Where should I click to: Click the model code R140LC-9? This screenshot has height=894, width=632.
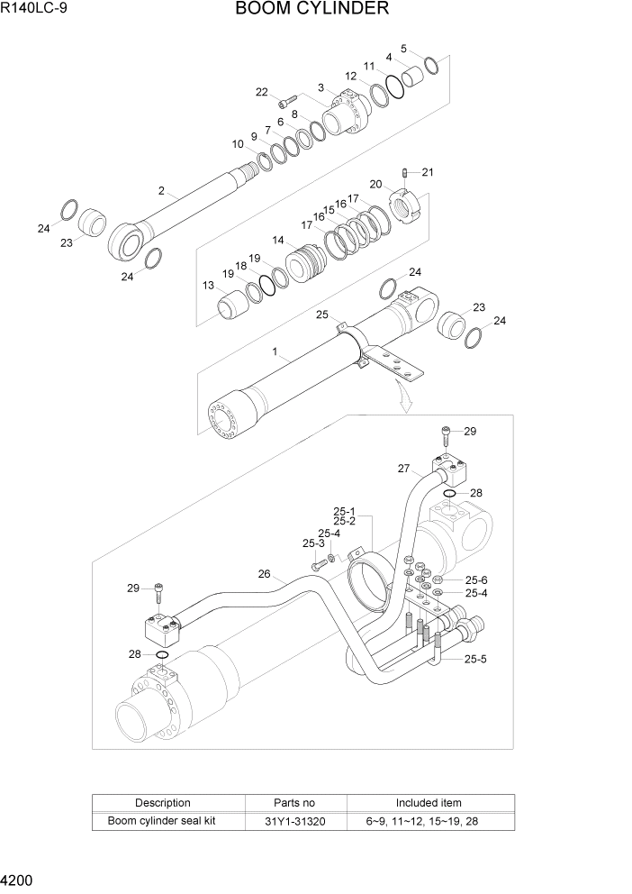pyautogui.click(x=35, y=10)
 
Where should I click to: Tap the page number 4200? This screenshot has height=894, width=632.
pyautogui.click(x=19, y=880)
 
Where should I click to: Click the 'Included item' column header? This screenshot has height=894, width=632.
pyautogui.click(x=429, y=802)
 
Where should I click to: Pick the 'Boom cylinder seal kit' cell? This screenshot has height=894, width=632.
pyautogui.click(x=162, y=821)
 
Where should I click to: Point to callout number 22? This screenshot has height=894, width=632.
pyautogui.click(x=261, y=92)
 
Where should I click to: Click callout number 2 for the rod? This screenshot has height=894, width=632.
pyautogui.click(x=161, y=190)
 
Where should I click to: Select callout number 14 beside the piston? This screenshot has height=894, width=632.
pyautogui.click(x=278, y=241)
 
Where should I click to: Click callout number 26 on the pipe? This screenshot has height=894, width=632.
pyautogui.click(x=264, y=573)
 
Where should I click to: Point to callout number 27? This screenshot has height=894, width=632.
pyautogui.click(x=403, y=468)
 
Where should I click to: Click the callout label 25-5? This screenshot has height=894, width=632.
pyautogui.click(x=476, y=660)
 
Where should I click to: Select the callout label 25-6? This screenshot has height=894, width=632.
pyautogui.click(x=476, y=579)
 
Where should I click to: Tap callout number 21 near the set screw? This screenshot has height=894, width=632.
pyautogui.click(x=428, y=172)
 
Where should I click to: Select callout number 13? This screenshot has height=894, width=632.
pyautogui.click(x=208, y=285)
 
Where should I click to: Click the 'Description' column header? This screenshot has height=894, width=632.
pyautogui.click(x=162, y=802)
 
